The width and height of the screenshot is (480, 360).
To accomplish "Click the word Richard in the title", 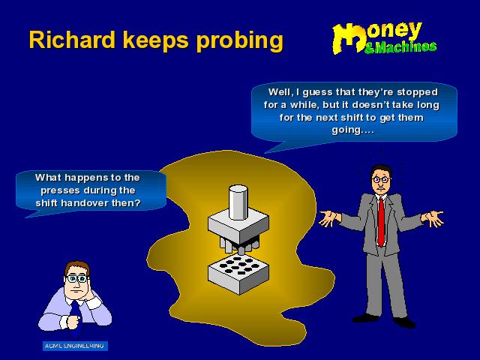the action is pyautogui.click(x=72, y=40).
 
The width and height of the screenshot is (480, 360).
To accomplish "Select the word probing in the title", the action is pyautogui.click(x=240, y=42).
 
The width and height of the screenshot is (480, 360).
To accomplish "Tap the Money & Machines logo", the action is pyautogui.click(x=384, y=38).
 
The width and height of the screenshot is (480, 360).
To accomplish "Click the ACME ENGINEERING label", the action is pyautogui.click(x=75, y=346).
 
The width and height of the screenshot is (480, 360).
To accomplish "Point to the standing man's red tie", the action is pyautogui.click(x=381, y=221).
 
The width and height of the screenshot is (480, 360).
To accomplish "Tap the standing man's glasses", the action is pyautogui.click(x=380, y=179).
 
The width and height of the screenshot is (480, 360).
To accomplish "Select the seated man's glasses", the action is pyautogui.click(x=76, y=278).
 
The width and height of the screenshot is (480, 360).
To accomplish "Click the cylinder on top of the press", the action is pyautogui.click(x=238, y=202).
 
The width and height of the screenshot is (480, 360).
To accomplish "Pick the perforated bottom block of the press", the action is pyautogui.click(x=238, y=274).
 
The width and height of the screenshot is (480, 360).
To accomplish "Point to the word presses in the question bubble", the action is pyautogui.click(x=61, y=191).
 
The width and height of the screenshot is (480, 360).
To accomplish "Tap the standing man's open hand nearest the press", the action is pyautogui.click(x=328, y=218).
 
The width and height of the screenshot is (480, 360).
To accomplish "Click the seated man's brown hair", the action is pyautogui.click(x=76, y=267).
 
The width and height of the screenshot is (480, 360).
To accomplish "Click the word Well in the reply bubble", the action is pyautogui.click(x=280, y=92).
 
